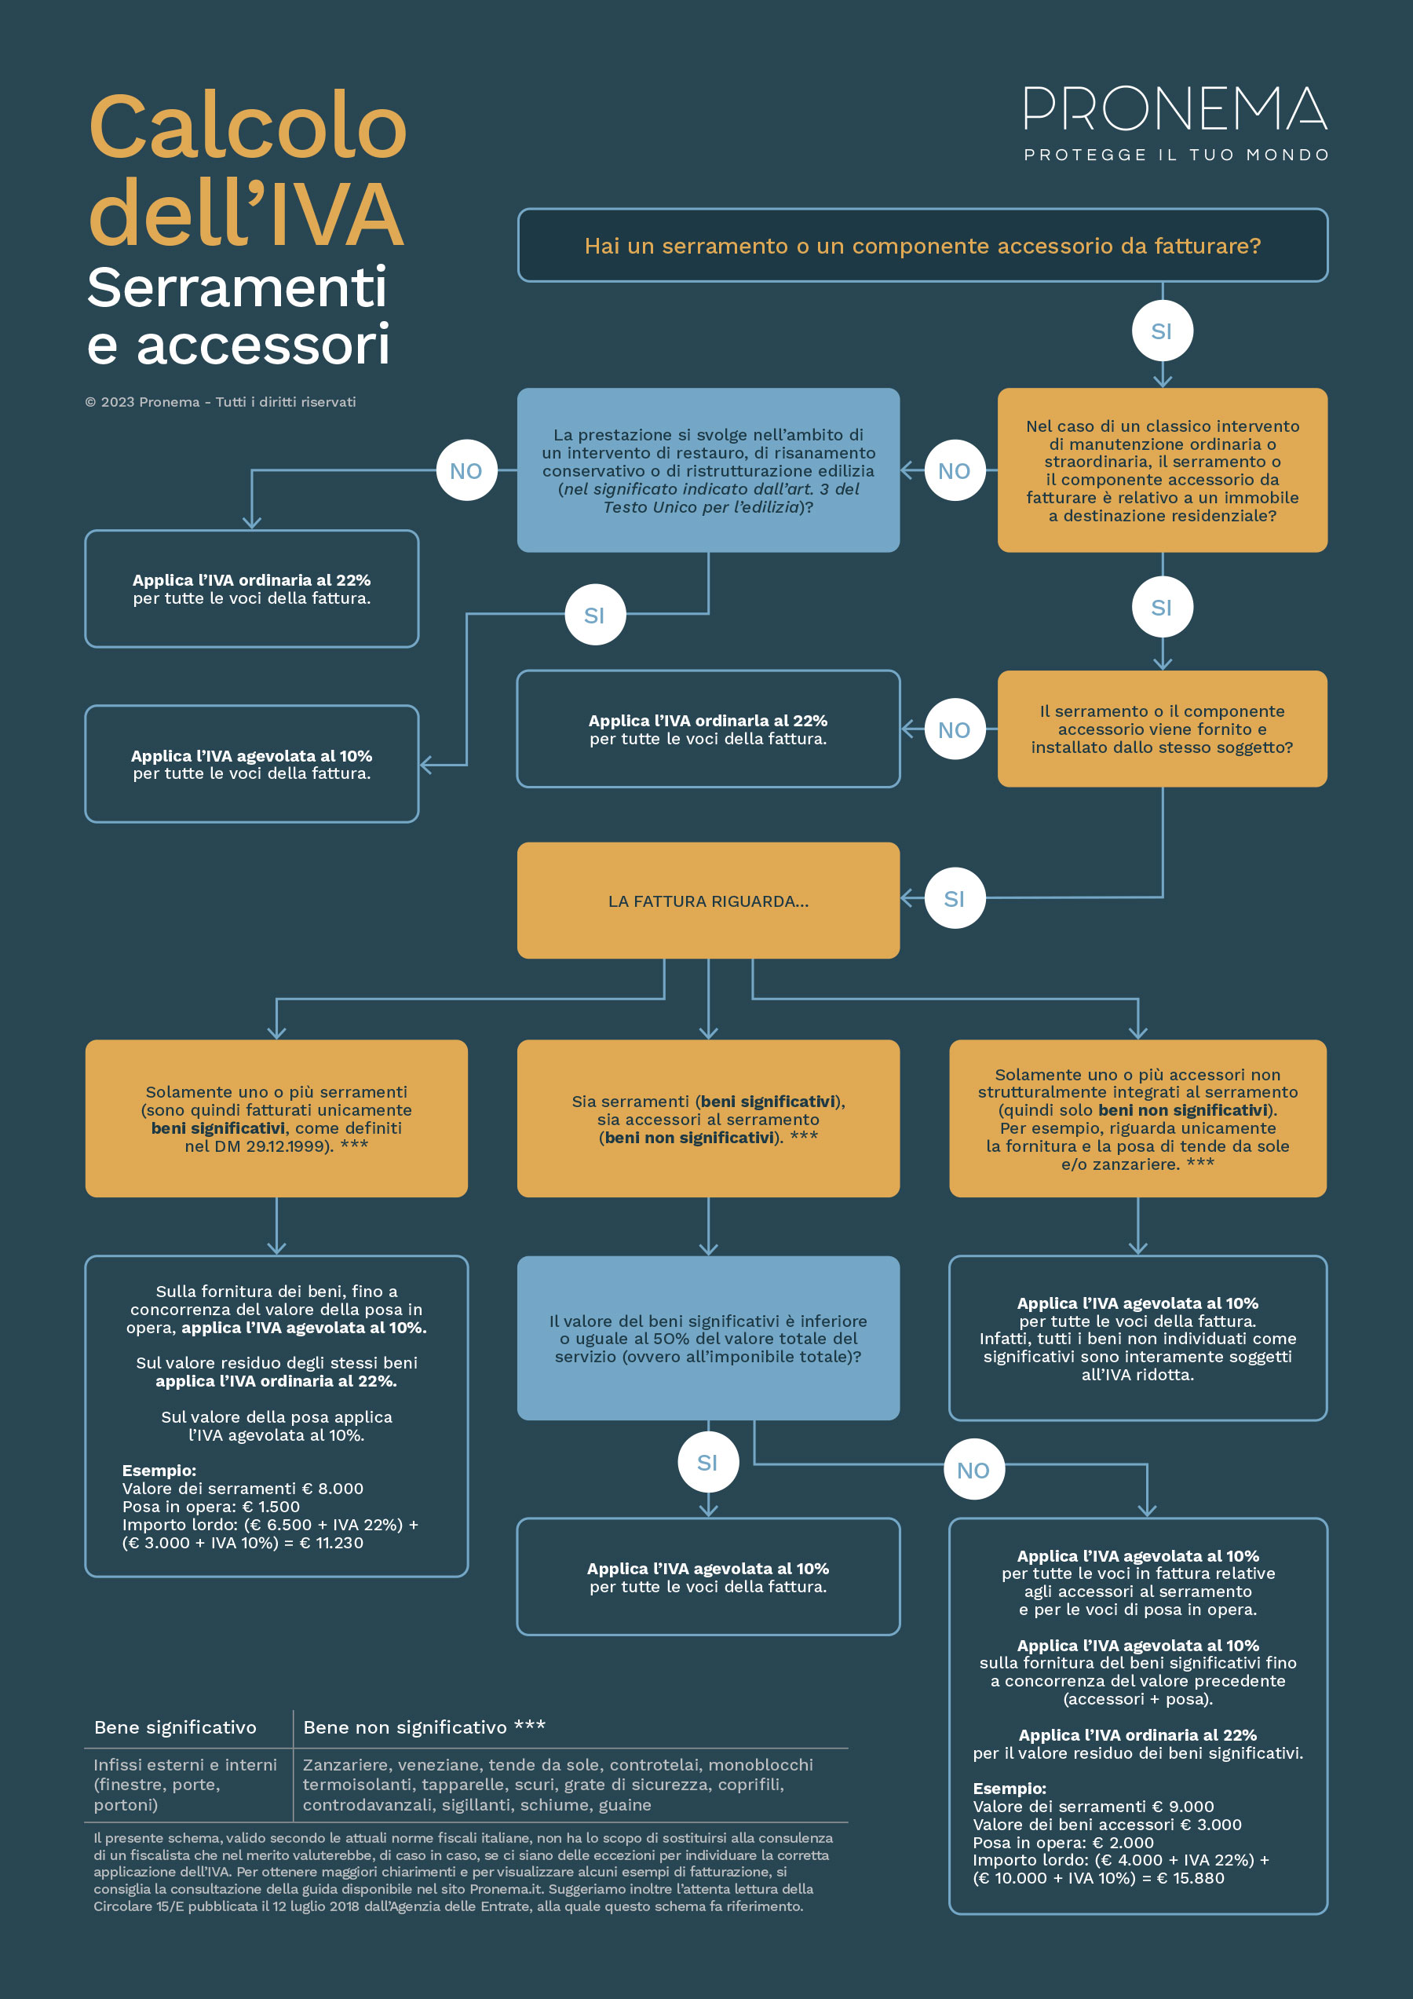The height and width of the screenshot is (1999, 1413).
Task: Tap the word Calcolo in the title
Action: (248, 126)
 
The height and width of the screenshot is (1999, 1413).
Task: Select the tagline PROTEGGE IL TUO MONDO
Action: (1176, 155)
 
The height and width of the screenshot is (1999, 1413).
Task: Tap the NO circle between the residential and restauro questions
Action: (955, 470)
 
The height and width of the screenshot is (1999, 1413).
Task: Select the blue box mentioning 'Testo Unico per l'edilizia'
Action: (709, 470)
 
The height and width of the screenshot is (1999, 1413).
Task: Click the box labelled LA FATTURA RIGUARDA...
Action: (709, 901)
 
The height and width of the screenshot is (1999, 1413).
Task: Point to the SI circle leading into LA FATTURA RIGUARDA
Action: (955, 898)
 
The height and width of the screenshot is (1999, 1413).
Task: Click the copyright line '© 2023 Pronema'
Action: (221, 402)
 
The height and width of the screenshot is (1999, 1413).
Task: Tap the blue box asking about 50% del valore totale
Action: (709, 1338)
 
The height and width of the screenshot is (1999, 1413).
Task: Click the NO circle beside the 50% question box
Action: (974, 1471)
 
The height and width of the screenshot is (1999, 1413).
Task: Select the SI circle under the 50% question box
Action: (709, 1463)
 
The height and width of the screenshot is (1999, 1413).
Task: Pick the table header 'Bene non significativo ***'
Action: (424, 1727)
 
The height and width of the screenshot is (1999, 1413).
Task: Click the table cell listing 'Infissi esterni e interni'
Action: (185, 1784)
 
